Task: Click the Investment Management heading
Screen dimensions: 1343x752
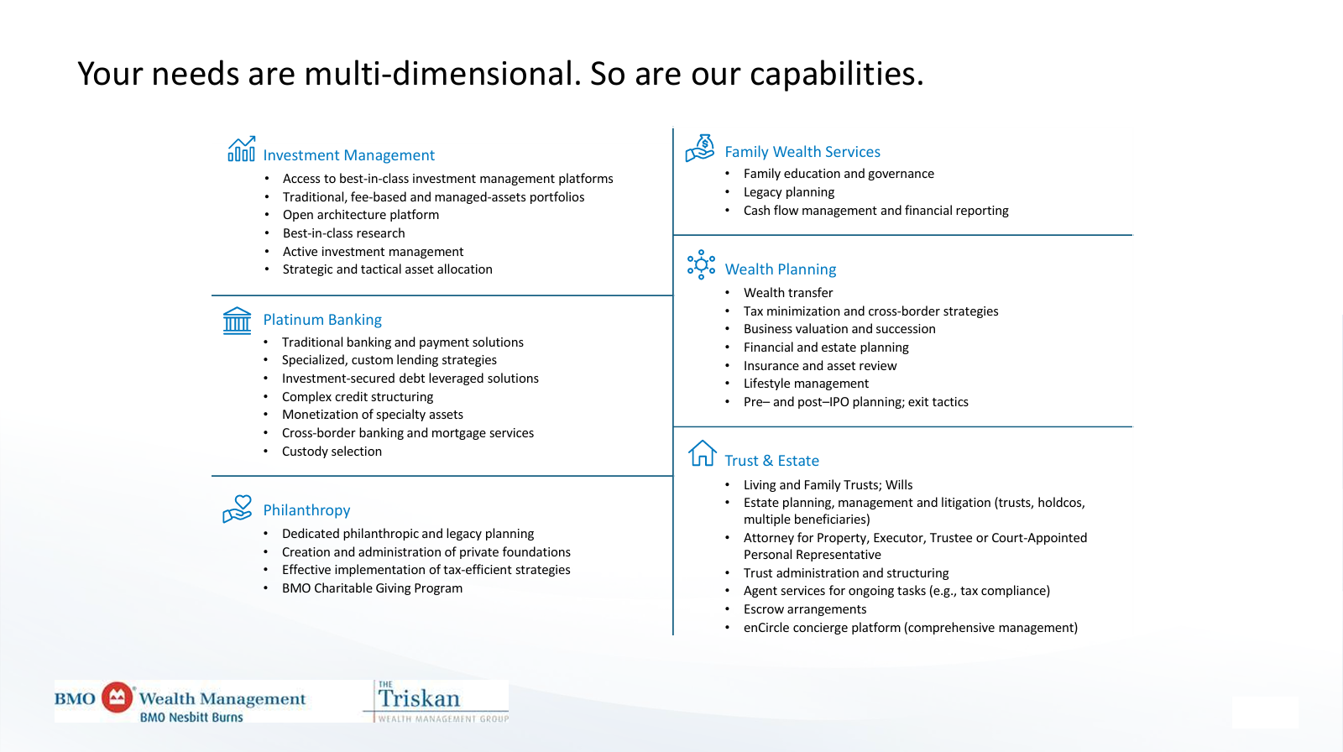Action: tap(348, 154)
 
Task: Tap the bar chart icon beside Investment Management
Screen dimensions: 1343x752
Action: tap(241, 149)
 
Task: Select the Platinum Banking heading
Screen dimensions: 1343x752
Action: tap(322, 319)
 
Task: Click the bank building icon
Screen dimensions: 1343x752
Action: tap(237, 321)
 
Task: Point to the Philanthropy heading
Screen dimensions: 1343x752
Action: tap(306, 509)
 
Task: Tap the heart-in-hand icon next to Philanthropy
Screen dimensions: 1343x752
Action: tap(238, 509)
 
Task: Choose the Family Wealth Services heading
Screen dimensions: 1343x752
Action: tap(802, 152)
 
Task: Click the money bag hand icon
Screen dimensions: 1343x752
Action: tap(700, 148)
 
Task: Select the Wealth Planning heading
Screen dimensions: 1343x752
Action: tap(780, 269)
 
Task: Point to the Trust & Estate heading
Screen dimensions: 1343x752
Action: tap(771, 460)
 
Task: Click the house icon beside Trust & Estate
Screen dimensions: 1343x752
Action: tap(702, 453)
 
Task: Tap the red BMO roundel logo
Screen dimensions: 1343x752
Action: tap(117, 697)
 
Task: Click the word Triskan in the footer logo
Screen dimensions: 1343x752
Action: tap(419, 698)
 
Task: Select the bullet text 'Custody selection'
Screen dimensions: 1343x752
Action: tap(332, 451)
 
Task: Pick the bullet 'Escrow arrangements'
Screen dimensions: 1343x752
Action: tap(805, 609)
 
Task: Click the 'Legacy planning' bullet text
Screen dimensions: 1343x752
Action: tap(789, 192)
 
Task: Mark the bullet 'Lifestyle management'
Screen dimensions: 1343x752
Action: tap(806, 384)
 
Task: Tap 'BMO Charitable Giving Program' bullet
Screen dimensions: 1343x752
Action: tap(373, 588)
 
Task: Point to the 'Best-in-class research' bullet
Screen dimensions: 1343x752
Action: tap(343, 233)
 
